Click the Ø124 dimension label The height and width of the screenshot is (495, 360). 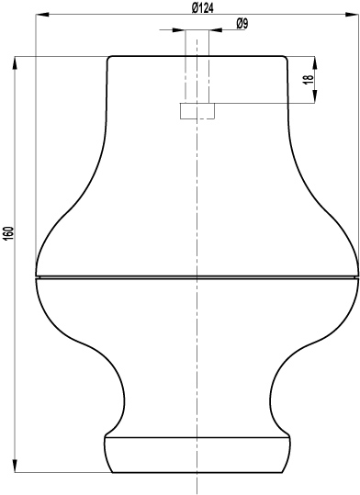point(202,8)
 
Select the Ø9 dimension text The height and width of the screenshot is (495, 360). point(242,23)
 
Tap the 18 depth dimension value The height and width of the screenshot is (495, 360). point(309,79)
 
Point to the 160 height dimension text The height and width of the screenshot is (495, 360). point(9,232)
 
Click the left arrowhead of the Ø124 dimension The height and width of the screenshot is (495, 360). point(42,14)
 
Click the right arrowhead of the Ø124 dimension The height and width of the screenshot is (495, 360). point(352,14)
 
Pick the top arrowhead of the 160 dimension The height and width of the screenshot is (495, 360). point(15,63)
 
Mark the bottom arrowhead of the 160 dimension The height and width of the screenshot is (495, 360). point(15,466)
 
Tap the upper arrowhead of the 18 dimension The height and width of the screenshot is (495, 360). point(315,62)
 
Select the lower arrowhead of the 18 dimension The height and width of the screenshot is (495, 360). point(315,96)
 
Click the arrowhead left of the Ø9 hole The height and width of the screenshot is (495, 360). point(178,30)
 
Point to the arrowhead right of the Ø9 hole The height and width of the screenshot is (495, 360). point(216,30)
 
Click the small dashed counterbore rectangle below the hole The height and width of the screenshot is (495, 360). point(197,111)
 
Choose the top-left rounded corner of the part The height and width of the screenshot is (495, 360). point(109,58)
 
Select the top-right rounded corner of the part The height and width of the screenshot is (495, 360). point(286,58)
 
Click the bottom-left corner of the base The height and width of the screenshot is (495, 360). point(113,472)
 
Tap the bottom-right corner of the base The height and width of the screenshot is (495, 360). point(282,472)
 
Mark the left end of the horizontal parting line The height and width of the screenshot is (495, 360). point(36,277)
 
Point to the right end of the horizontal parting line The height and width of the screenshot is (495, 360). point(358,277)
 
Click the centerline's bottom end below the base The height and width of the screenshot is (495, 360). point(197,493)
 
